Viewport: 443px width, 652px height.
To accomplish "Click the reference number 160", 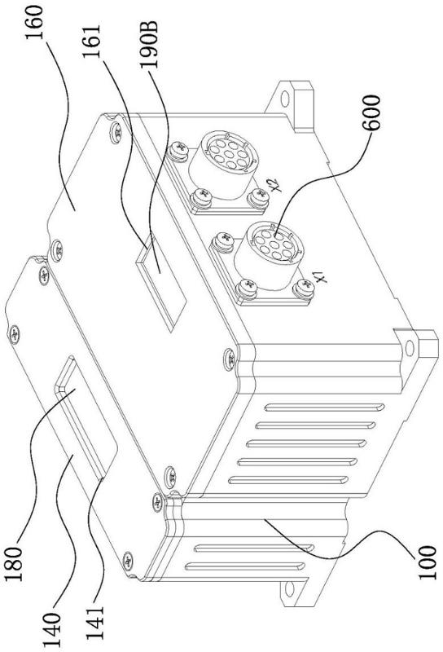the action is click(x=34, y=23).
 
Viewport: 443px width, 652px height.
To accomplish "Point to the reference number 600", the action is click(x=371, y=113).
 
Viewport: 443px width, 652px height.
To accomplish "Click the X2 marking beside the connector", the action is click(x=274, y=185).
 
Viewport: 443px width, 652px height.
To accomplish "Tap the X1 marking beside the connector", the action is click(x=319, y=276).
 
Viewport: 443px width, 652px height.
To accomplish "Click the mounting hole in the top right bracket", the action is click(x=285, y=99).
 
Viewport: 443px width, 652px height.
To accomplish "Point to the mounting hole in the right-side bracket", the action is click(x=410, y=347).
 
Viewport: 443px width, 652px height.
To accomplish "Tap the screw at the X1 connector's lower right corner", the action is click(x=305, y=288).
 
